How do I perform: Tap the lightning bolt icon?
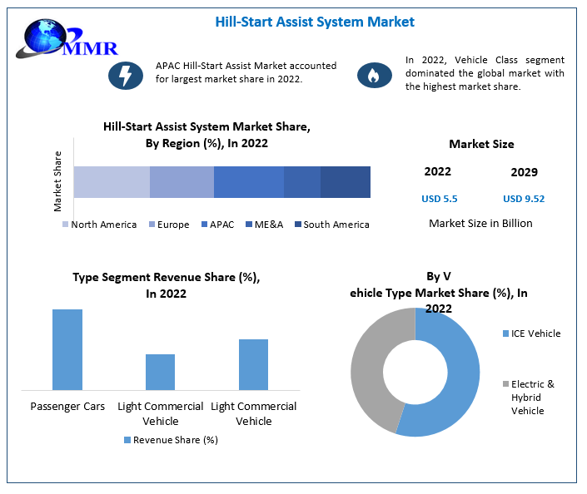126,75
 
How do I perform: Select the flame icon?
374,76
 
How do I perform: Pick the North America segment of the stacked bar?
112,181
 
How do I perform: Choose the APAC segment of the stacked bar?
249,181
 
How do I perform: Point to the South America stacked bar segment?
346,181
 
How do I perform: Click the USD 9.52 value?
524,199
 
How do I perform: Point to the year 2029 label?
524,172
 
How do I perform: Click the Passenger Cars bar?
67,349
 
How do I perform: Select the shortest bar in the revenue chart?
160,372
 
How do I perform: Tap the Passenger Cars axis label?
67,407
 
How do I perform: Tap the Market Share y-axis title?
57,180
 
